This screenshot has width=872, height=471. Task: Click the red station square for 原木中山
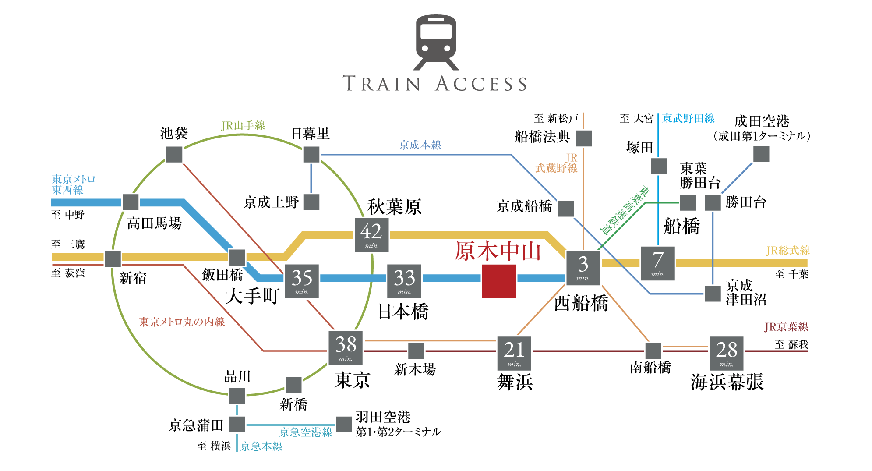(x=499, y=281)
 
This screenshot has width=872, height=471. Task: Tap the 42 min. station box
(x=371, y=235)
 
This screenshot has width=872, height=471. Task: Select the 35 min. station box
(x=302, y=281)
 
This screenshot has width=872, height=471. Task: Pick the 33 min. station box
(x=404, y=281)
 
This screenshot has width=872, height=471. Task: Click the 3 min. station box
(x=583, y=268)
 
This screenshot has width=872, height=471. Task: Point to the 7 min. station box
(x=657, y=263)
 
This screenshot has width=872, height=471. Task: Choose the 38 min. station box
(x=346, y=348)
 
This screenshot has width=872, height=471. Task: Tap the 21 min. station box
(x=514, y=353)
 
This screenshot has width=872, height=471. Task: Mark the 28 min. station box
(x=726, y=353)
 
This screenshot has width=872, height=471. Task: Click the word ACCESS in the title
(x=481, y=84)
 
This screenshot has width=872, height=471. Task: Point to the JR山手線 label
(x=243, y=126)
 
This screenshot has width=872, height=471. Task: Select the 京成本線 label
(x=420, y=145)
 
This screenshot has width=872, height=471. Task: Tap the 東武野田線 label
(x=688, y=118)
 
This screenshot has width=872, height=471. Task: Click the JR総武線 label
(x=787, y=251)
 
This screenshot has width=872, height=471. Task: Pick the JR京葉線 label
(x=786, y=327)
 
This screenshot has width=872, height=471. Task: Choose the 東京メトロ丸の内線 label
(x=182, y=322)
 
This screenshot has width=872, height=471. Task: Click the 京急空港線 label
(x=306, y=432)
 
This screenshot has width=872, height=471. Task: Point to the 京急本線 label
(x=261, y=446)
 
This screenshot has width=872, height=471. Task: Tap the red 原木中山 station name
(x=498, y=251)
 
